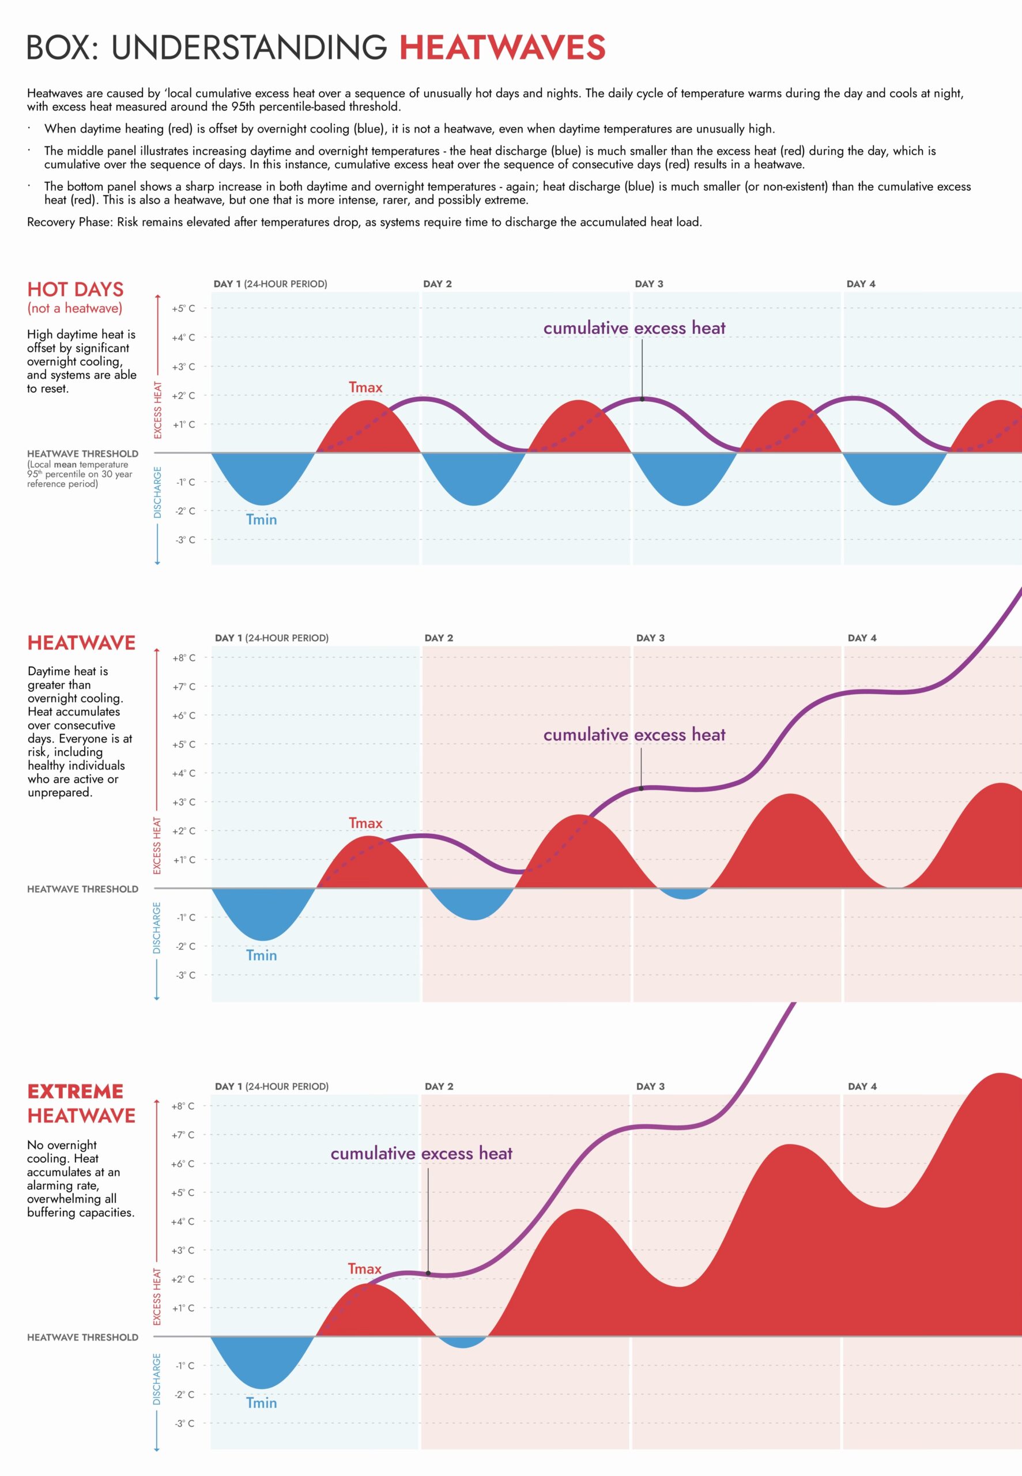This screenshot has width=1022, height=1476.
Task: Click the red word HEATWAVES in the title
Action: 502,48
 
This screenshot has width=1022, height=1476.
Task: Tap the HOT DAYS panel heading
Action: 76,289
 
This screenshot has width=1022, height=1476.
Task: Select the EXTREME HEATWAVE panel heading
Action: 81,1104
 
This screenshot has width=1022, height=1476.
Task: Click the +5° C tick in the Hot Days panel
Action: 183,308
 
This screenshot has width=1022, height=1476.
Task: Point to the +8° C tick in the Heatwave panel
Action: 183,658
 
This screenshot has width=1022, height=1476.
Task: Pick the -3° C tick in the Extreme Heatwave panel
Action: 184,1423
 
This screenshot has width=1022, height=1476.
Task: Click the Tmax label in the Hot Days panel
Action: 365,387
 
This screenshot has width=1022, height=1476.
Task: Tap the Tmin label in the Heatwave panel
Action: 261,955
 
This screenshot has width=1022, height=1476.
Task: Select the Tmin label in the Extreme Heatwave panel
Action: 261,1402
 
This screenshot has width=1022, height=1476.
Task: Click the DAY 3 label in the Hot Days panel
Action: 648,284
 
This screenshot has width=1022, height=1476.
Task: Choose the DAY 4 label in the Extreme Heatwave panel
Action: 862,1086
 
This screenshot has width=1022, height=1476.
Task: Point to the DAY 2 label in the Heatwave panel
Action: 439,638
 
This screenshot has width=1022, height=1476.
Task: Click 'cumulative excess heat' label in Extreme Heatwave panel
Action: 421,1153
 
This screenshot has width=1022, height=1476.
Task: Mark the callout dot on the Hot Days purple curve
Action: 642,399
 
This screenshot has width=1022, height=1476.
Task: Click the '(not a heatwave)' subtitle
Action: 74,308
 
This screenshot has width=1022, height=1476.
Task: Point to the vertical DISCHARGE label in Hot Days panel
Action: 157,492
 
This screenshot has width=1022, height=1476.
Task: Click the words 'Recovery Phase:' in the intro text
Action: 69,222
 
